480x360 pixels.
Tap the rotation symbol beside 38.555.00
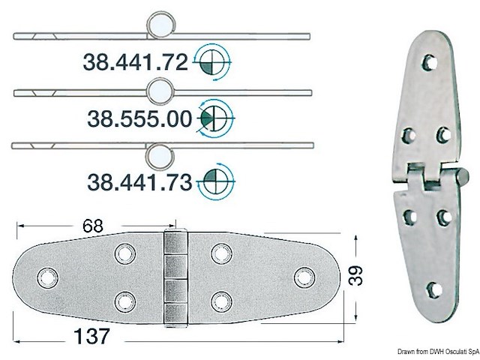point(218,117)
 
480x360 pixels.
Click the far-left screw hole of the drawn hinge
point(51,277)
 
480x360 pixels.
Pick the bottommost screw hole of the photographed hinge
point(433,290)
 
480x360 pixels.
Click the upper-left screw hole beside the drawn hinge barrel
point(124,253)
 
